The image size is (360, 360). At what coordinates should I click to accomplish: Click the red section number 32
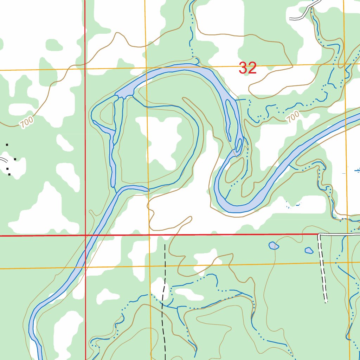[x=248, y=68]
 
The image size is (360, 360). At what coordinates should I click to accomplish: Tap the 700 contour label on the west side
[x=27, y=122]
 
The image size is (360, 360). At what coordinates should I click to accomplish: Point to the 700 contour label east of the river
[x=292, y=116]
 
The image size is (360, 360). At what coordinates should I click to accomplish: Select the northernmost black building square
[x=7, y=144]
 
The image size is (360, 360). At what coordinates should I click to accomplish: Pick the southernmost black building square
[x=9, y=174]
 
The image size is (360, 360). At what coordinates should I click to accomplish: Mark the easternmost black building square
[x=15, y=159]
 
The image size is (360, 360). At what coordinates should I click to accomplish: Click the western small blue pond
[x=274, y=245]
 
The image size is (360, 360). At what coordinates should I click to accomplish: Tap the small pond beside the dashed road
[x=309, y=250]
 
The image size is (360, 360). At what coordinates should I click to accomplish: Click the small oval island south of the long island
[x=239, y=144]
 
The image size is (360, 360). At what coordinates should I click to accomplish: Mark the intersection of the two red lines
[x=85, y=235]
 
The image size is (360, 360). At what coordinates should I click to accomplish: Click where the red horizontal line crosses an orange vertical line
[x=149, y=234]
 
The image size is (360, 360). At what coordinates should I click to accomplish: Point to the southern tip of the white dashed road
[x=326, y=301]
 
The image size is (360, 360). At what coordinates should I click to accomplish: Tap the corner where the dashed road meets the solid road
[x=319, y=234]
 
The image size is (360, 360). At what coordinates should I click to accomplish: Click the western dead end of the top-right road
[x=290, y=18]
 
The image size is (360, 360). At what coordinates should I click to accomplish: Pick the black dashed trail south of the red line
[x=163, y=299]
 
